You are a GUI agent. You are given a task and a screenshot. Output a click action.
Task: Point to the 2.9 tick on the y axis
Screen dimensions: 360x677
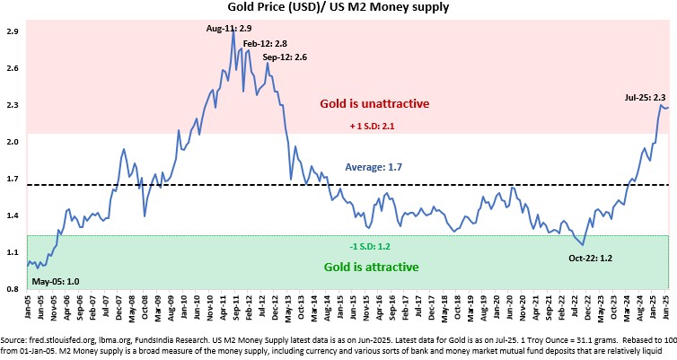13,31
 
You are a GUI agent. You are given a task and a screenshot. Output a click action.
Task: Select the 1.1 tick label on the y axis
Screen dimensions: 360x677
13,253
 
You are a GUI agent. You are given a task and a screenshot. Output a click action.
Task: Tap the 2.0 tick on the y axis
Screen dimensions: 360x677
13,142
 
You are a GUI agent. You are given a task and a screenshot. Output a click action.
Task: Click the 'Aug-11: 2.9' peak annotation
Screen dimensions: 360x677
232,31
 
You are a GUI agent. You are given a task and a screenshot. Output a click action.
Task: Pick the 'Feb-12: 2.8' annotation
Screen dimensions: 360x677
265,43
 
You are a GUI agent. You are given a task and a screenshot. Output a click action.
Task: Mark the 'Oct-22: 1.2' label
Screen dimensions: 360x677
590,259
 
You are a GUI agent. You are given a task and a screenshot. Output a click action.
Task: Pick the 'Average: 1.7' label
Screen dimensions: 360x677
374,167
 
